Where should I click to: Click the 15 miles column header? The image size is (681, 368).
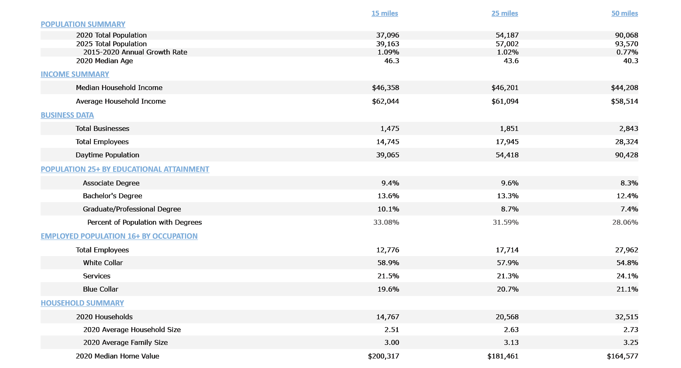click(x=384, y=13)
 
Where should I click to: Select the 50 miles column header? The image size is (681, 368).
click(x=624, y=13)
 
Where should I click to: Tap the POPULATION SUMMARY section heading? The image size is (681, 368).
click(x=83, y=24)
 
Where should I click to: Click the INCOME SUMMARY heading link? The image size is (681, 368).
click(x=75, y=74)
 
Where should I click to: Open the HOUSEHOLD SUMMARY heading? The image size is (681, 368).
click(x=82, y=303)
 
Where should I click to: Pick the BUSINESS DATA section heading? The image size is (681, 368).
click(x=67, y=115)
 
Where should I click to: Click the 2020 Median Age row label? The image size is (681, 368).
click(x=104, y=61)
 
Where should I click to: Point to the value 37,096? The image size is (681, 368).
click(x=388, y=36)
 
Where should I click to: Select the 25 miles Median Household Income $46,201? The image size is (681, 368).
click(x=505, y=88)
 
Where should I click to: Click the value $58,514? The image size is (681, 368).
click(x=624, y=101)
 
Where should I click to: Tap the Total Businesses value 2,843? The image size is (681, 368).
click(x=629, y=128)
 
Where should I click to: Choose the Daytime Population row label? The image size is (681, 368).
click(x=107, y=155)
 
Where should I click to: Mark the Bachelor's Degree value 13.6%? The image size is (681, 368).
click(x=388, y=196)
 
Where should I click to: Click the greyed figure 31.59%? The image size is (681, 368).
click(x=506, y=222)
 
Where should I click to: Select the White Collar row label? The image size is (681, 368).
click(x=103, y=263)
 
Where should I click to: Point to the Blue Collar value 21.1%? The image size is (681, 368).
click(x=627, y=289)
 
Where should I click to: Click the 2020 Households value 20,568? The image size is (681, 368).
click(x=507, y=317)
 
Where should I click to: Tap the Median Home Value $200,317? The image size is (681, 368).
click(x=383, y=356)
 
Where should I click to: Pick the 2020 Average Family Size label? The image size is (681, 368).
click(x=125, y=342)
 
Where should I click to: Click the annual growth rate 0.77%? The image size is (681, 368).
click(x=627, y=52)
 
